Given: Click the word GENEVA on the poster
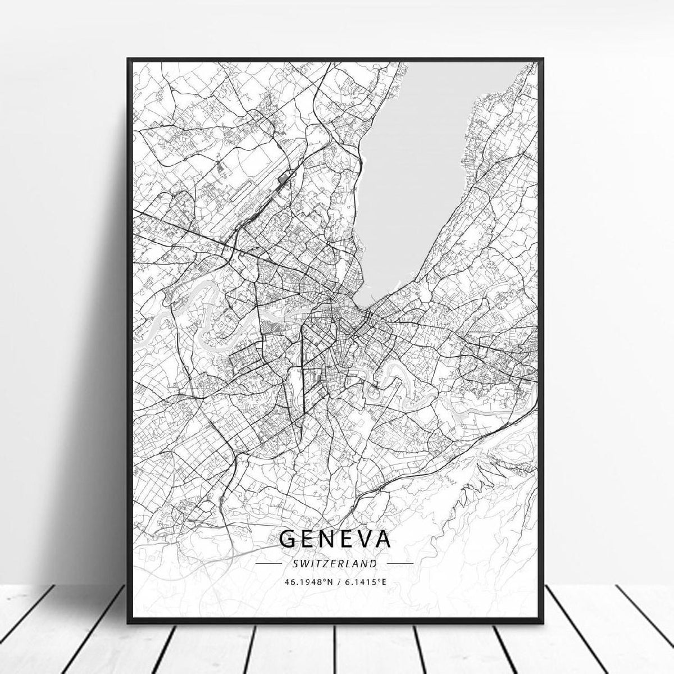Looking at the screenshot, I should pyautogui.click(x=334, y=538).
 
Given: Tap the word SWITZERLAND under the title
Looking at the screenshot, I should pyautogui.click(x=334, y=562).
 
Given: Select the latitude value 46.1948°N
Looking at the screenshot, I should pyautogui.click(x=306, y=582).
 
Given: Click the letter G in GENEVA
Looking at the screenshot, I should pyautogui.click(x=288, y=538).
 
